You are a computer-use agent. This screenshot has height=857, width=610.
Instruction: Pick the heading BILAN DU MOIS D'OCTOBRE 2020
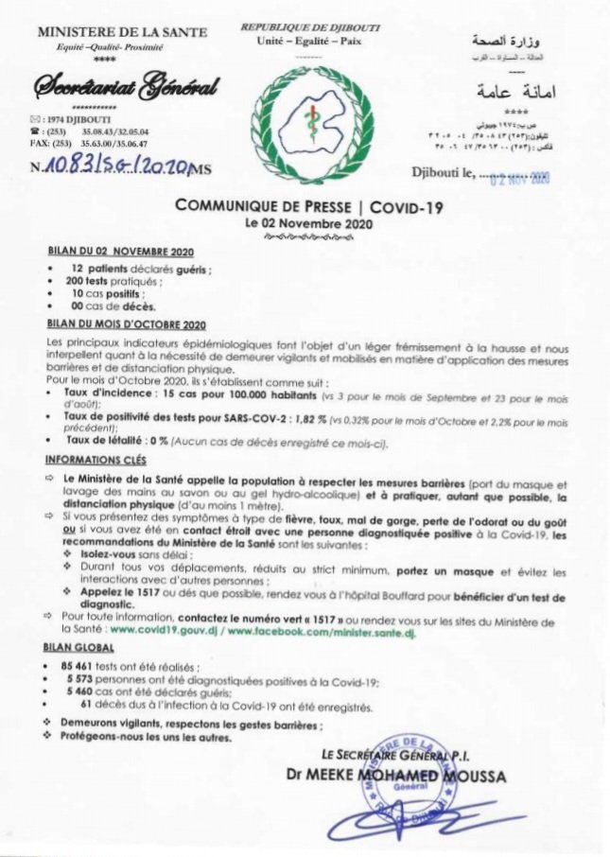[x=127, y=324]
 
